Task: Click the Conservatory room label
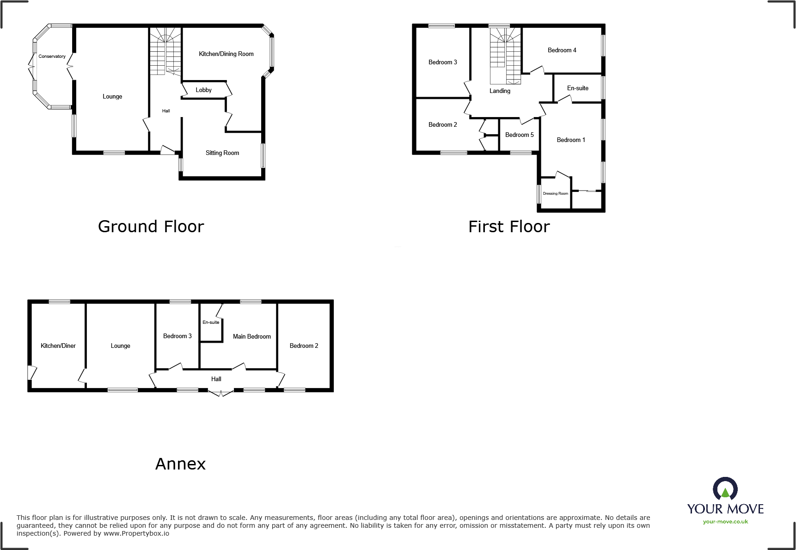[x=52, y=56]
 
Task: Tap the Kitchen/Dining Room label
[x=226, y=54]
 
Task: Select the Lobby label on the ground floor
[x=203, y=90]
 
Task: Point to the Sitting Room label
[x=222, y=153]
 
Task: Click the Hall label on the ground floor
[x=166, y=111]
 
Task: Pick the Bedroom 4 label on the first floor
[x=562, y=50]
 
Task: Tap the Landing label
[x=500, y=91]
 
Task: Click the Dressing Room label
[x=555, y=194]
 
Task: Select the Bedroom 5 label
[x=519, y=135]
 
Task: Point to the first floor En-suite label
[x=577, y=88]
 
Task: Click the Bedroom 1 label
[x=570, y=140]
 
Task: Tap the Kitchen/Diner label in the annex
[x=58, y=346]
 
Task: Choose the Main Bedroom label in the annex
[x=251, y=337]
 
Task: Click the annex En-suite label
[x=211, y=322]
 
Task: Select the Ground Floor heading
[x=151, y=227]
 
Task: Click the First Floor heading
[x=509, y=227]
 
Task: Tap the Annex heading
[x=180, y=464]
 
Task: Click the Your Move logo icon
[x=725, y=489]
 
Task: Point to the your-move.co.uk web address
[x=725, y=522]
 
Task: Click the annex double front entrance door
[x=220, y=393]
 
